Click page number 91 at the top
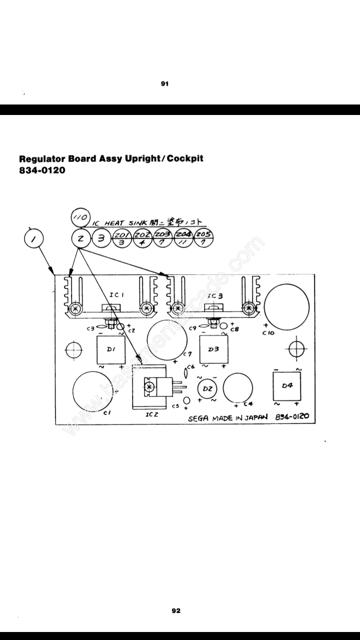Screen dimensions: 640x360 click(x=164, y=84)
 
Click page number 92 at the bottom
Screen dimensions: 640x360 click(x=175, y=610)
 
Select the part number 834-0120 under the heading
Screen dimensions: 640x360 click(x=42, y=170)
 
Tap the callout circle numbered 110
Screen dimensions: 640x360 click(x=80, y=218)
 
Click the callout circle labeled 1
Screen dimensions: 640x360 click(x=34, y=240)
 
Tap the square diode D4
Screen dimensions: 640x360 click(x=286, y=385)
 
